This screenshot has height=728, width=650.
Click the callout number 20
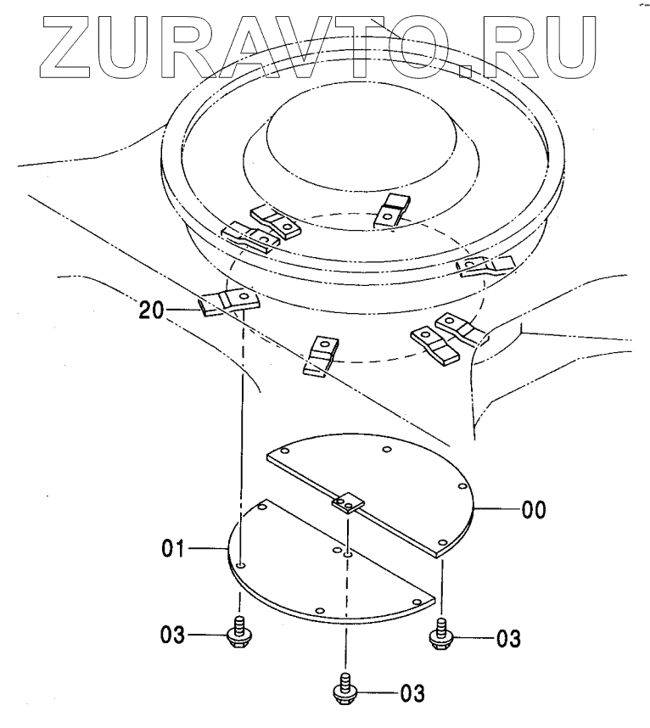click(151, 311)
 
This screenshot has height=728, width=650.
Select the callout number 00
click(534, 510)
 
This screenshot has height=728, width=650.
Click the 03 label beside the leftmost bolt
click(174, 634)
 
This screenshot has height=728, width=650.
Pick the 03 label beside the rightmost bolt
click(508, 637)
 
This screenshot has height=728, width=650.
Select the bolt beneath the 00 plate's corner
click(441, 635)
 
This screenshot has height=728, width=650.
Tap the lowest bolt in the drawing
click(345, 687)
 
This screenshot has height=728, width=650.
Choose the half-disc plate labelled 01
click(314, 577)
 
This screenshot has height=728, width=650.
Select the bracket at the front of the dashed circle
click(321, 354)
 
